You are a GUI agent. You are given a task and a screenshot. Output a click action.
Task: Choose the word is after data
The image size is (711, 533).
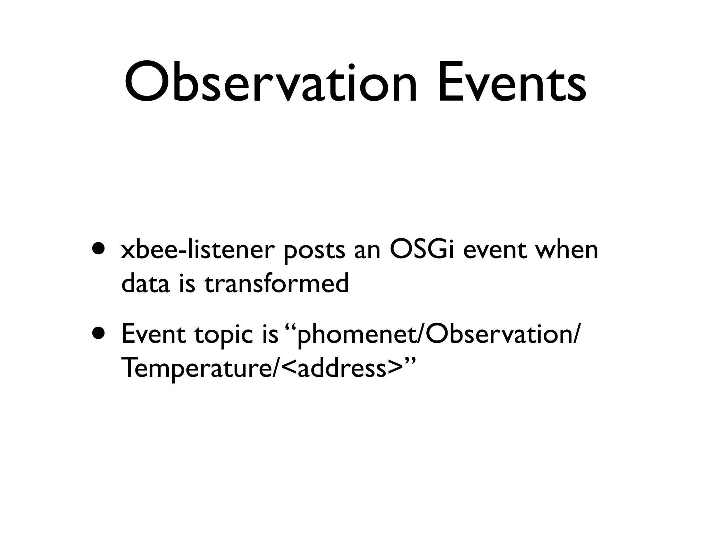pyautogui.click(x=187, y=283)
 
